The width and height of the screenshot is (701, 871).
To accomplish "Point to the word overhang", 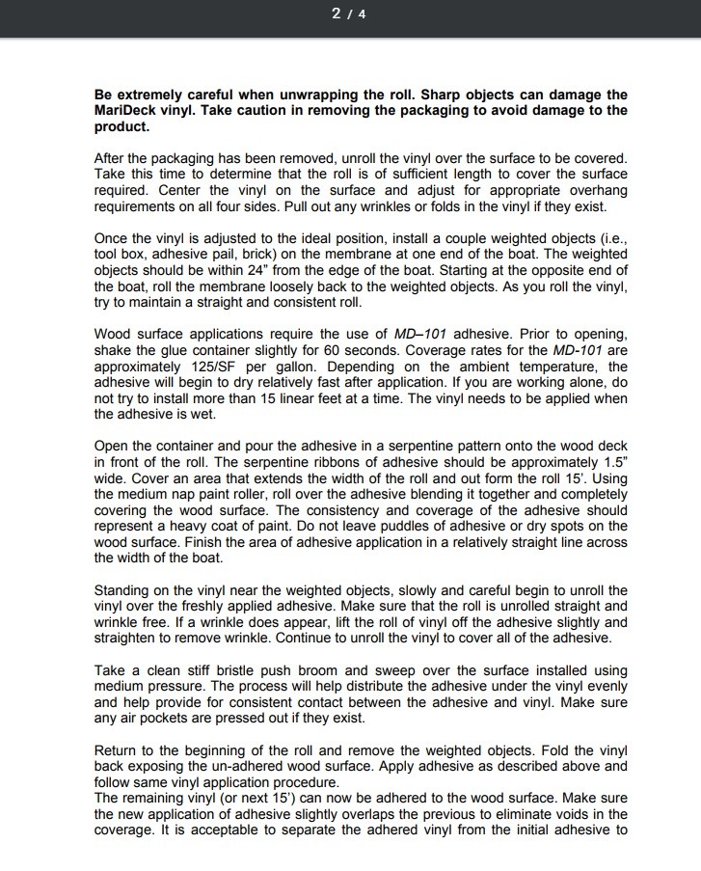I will tap(597, 190).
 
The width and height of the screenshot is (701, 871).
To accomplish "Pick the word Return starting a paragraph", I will tap(117, 749).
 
